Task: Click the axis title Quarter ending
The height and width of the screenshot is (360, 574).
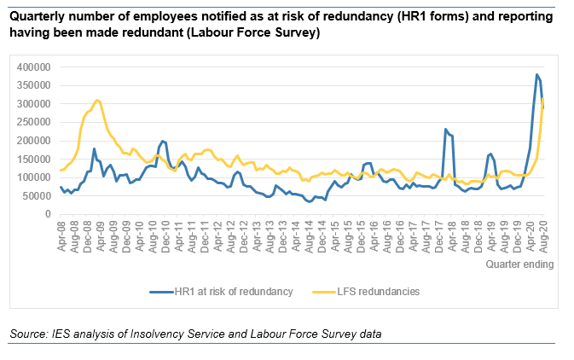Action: coord(519,264)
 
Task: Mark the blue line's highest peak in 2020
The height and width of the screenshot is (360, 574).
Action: coord(536,75)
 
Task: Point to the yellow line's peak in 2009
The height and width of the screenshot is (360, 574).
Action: coord(97,100)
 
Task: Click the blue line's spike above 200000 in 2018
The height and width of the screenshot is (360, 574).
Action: coord(445,130)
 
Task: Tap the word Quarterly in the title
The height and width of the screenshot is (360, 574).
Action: coord(34,17)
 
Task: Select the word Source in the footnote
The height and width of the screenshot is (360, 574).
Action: coord(26,333)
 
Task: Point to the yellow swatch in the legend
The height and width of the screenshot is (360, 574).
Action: coord(326,291)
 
